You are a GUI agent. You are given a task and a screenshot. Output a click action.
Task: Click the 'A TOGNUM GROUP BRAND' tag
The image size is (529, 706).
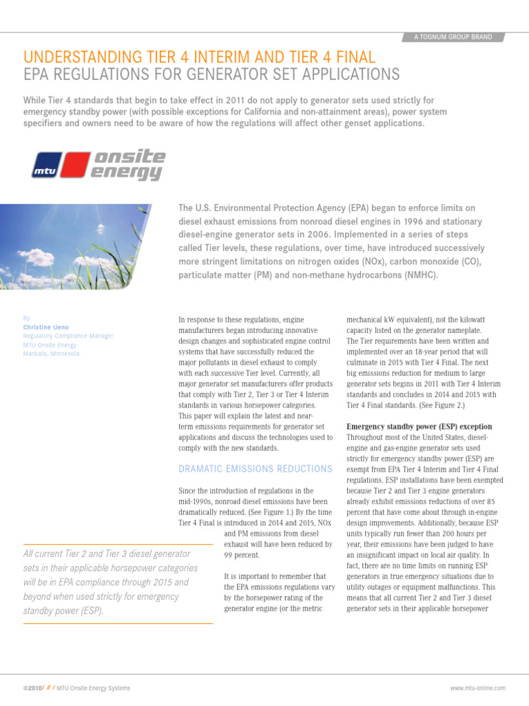(453, 37)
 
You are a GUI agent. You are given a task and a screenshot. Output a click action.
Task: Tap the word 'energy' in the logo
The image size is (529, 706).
(127, 172)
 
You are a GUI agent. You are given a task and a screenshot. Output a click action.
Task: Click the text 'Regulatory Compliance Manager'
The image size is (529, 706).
(68, 336)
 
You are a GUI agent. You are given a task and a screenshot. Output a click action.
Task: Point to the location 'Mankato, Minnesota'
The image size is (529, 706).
(51, 354)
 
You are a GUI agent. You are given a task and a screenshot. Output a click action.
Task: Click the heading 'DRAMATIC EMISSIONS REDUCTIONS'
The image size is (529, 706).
(255, 469)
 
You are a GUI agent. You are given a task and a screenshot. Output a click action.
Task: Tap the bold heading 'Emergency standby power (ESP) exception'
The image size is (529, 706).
(419, 427)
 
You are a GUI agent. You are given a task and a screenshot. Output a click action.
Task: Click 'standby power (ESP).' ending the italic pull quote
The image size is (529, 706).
(64, 610)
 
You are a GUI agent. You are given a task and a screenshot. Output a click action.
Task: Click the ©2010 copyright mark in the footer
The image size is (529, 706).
(32, 688)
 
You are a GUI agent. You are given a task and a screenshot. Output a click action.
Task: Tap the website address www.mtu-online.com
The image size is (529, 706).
(477, 688)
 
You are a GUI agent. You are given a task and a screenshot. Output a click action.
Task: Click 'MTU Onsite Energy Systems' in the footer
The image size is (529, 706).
(93, 688)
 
